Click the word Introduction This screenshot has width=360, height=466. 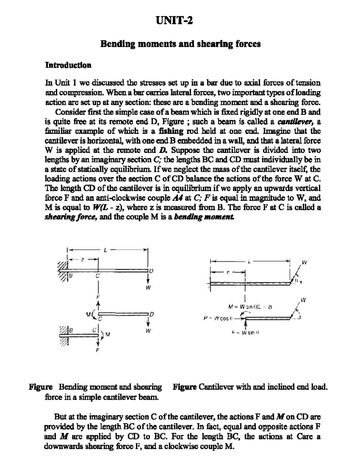click(68, 65)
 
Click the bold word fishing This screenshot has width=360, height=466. click(171, 131)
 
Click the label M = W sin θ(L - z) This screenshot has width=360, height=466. click(250, 306)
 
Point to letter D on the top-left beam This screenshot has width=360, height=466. click(151, 272)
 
